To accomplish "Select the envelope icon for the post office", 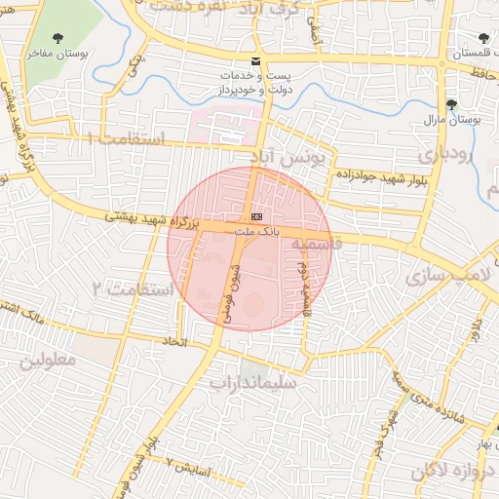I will click(x=255, y=60).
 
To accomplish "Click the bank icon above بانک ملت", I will click(x=256, y=214).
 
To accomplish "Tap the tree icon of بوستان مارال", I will click(x=450, y=103).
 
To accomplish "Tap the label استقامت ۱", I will click(x=128, y=138).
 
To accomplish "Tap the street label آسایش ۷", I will click(x=185, y=467).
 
